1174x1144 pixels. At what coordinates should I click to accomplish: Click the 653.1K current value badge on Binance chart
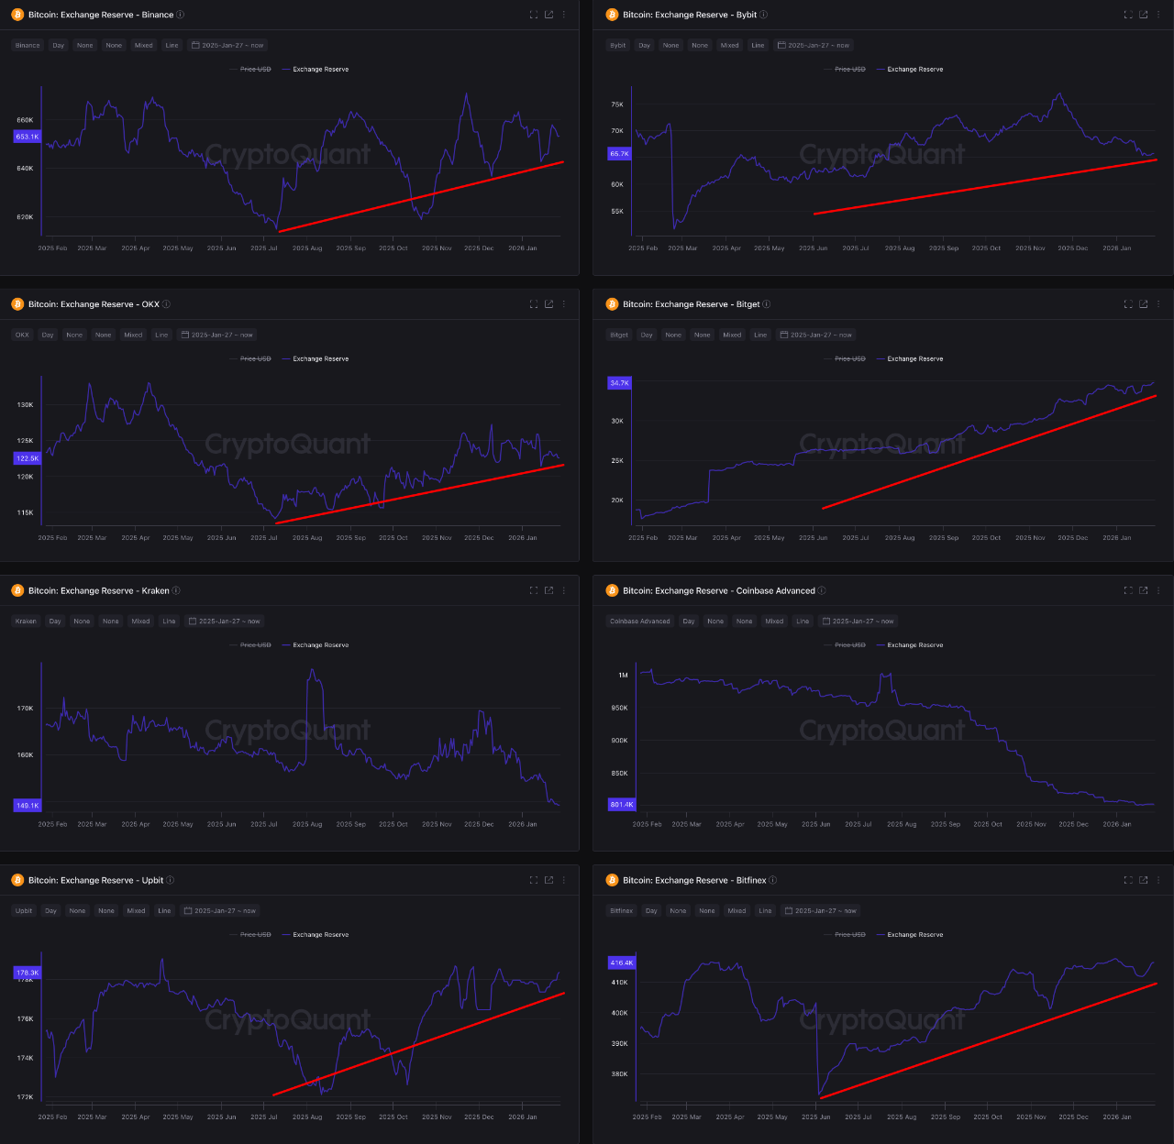click(x=28, y=137)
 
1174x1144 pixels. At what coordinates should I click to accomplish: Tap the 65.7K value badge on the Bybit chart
click(x=620, y=154)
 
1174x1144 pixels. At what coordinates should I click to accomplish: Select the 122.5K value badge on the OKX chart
click(x=28, y=458)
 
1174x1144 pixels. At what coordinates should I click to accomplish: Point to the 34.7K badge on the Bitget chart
click(x=620, y=383)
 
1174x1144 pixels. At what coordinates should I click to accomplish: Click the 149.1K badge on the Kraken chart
click(x=28, y=806)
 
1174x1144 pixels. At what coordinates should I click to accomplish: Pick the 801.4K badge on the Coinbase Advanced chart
click(x=622, y=805)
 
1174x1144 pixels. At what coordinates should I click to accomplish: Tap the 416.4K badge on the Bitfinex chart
click(x=622, y=962)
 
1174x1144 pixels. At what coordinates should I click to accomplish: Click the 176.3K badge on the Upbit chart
click(x=28, y=973)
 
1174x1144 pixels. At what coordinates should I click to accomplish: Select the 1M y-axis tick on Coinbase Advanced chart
click(x=623, y=676)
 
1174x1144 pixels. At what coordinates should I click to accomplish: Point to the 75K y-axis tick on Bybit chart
click(x=617, y=104)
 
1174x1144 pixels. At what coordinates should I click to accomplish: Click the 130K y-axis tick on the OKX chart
click(x=25, y=404)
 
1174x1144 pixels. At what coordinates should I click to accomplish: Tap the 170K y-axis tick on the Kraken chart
click(x=25, y=709)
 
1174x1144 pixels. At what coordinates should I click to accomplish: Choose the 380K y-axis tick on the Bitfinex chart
click(x=620, y=1074)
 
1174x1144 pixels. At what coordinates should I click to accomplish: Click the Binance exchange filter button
click(x=28, y=45)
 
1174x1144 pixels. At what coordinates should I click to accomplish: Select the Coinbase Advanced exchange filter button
click(x=640, y=621)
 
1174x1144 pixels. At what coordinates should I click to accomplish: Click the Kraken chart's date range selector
click(x=224, y=621)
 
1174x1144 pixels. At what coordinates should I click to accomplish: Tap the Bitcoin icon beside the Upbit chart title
click(x=17, y=880)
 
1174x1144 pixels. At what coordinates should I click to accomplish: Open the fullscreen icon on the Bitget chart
click(x=1128, y=304)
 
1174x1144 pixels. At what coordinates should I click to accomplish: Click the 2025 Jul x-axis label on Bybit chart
click(x=856, y=248)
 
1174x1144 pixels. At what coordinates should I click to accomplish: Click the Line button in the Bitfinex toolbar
click(x=765, y=911)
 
